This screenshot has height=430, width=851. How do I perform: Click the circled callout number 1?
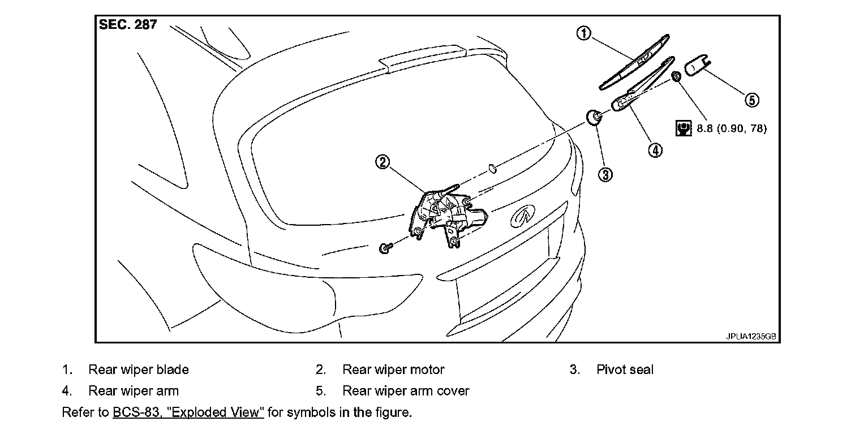583,33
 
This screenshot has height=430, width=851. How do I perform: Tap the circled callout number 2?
383,162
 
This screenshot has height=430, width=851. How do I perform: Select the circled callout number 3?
605,174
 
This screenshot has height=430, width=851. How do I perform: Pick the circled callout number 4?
655,150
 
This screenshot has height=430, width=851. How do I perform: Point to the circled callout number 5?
751,100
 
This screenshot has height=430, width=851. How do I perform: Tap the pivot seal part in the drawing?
594,118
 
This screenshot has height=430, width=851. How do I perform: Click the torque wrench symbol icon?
684,128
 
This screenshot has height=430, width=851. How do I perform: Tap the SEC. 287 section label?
128,25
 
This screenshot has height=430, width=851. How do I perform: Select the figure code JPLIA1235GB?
751,336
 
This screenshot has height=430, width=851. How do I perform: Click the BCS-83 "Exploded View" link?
188,412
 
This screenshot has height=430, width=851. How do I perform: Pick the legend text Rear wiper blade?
138,369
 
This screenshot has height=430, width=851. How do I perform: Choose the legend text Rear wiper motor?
393,369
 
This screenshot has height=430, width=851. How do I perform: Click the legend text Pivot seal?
625,369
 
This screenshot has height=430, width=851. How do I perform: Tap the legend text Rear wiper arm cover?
406,391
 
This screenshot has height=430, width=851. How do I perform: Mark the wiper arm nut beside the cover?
676,75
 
